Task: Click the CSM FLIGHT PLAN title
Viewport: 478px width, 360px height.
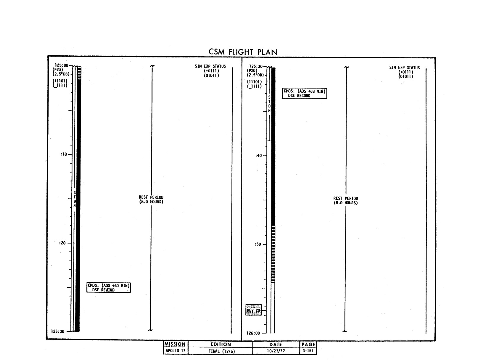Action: point(243,52)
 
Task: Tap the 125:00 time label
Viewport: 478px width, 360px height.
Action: point(61,65)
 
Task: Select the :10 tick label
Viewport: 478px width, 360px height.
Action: point(64,155)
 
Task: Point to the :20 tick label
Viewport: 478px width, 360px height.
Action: point(62,243)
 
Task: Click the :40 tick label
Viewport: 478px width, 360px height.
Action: point(258,155)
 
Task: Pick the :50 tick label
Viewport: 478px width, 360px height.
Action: point(257,244)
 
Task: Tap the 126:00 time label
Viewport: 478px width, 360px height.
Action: point(253,333)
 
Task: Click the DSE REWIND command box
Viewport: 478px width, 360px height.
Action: point(109,287)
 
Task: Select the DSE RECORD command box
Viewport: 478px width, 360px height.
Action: point(305,94)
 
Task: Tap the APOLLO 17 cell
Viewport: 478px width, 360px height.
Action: point(175,351)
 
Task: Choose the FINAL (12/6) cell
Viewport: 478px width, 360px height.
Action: point(221,351)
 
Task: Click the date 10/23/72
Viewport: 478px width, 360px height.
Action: point(276,351)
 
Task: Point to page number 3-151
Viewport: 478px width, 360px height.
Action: point(308,351)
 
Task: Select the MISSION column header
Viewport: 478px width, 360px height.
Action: point(175,344)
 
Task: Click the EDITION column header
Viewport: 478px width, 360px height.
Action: point(221,344)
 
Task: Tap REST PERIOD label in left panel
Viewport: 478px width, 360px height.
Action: point(151,199)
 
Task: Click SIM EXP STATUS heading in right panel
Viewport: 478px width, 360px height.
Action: point(404,67)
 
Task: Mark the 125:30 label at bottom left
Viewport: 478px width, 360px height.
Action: point(58,331)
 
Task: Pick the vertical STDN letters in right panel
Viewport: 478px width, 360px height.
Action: point(269,104)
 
